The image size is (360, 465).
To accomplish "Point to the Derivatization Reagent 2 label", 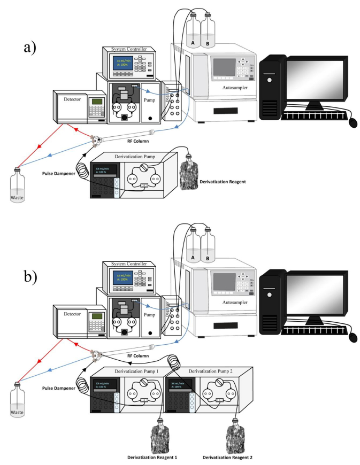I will (231, 457).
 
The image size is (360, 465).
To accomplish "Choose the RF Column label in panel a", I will (137, 142).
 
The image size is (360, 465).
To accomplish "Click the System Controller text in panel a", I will (127, 50).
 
